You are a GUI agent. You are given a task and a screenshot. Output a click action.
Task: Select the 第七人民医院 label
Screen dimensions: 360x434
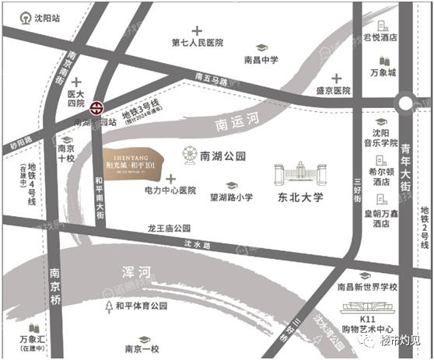pyautogui.click(x=198, y=43)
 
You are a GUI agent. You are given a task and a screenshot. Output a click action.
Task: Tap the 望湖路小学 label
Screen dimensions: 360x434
pyautogui.click(x=229, y=198)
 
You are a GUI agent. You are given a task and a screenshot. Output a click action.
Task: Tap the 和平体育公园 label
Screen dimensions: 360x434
pyautogui.click(x=141, y=306)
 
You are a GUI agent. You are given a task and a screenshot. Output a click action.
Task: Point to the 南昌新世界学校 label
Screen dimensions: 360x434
pyautogui.click(x=367, y=286)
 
